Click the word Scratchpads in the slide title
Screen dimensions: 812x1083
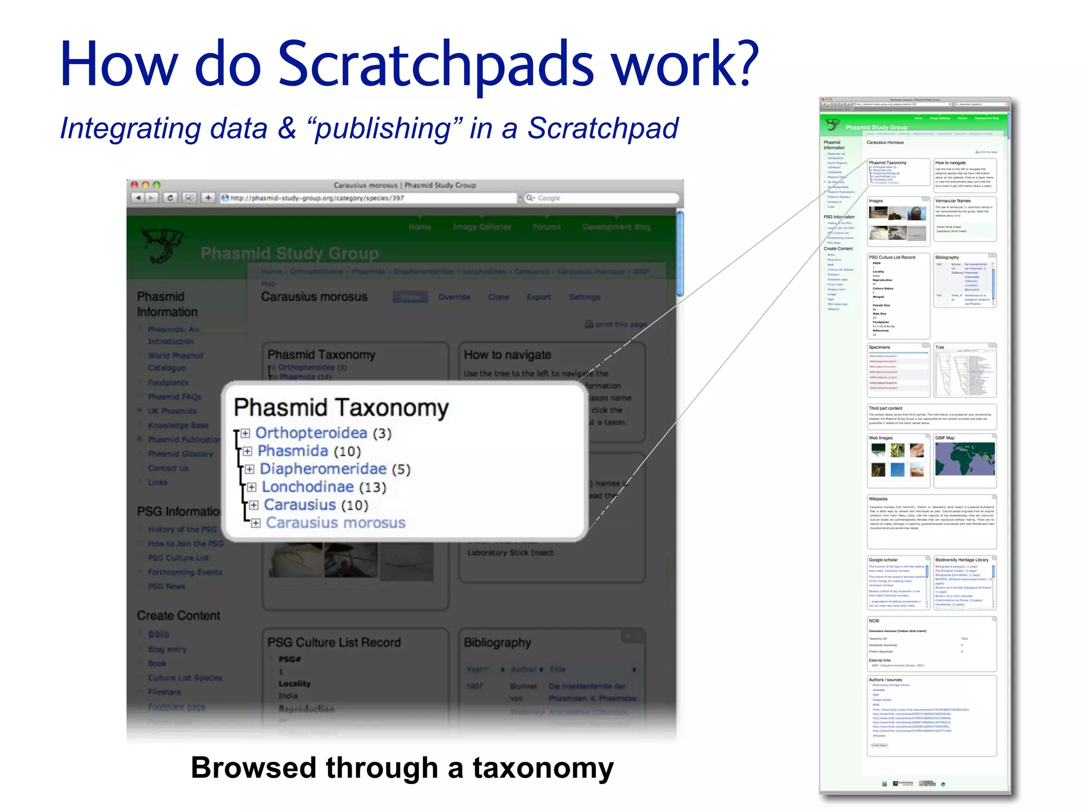[436, 64]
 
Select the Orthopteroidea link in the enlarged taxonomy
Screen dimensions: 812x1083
[311, 433]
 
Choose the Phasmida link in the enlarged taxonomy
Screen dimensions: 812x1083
[292, 451]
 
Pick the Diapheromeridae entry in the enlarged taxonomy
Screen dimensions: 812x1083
[323, 469]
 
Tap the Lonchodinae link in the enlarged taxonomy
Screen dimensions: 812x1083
[307, 487]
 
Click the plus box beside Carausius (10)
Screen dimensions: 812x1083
[254, 505]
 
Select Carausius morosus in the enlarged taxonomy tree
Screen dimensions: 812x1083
[335, 523]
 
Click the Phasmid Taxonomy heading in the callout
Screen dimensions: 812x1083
[341, 408]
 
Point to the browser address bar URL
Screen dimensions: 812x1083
[317, 198]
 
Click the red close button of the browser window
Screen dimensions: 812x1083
[134, 185]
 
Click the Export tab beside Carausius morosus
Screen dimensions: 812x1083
[538, 297]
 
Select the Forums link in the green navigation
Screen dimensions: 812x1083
[546, 227]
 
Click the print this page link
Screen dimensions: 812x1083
[620, 324]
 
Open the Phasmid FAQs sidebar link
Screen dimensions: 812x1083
[175, 396]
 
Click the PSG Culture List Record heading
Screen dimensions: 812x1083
[334, 642]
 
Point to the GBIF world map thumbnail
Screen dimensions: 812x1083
[965, 459]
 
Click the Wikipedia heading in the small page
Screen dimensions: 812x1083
[878, 499]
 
